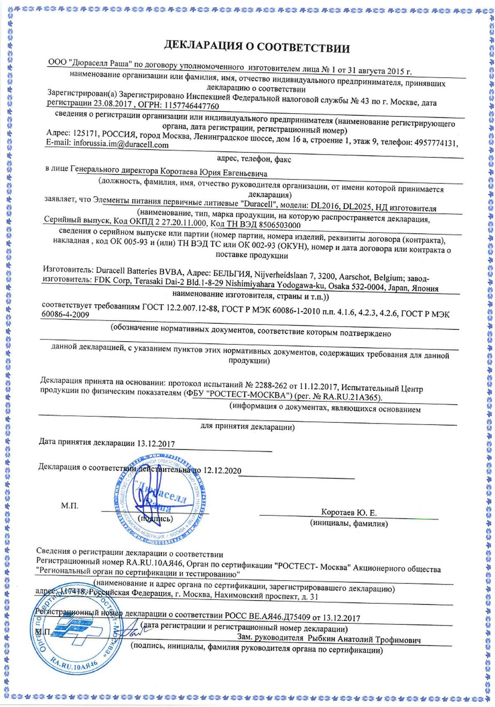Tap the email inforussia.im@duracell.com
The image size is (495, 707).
(x=121, y=145)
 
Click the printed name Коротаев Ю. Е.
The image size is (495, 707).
(x=349, y=513)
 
